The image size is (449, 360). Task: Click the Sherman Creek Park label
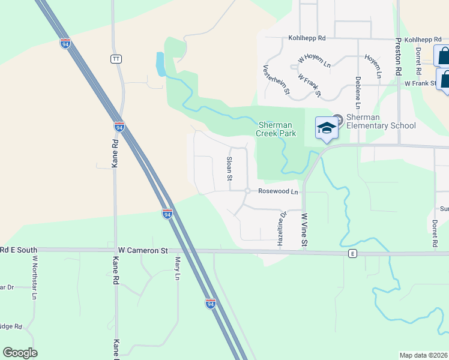(x=277, y=129)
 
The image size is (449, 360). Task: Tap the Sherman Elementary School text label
(x=381, y=121)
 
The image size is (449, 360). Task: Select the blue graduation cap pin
(x=327, y=128)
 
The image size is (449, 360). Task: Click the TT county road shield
(x=116, y=59)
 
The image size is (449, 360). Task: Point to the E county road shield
(x=353, y=254)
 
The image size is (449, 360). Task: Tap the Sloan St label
(x=229, y=169)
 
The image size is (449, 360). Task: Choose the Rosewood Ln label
(x=278, y=191)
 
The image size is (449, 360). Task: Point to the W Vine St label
(x=304, y=230)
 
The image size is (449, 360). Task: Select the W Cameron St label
(x=142, y=250)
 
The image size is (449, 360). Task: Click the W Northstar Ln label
(x=35, y=278)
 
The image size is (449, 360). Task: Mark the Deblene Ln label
(x=358, y=92)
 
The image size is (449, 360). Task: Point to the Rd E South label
(x=19, y=250)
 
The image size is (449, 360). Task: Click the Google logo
(x=20, y=353)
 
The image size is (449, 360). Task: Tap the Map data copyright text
(x=424, y=355)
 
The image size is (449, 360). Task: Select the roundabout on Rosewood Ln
(x=247, y=191)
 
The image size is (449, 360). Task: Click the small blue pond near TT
(x=160, y=64)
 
